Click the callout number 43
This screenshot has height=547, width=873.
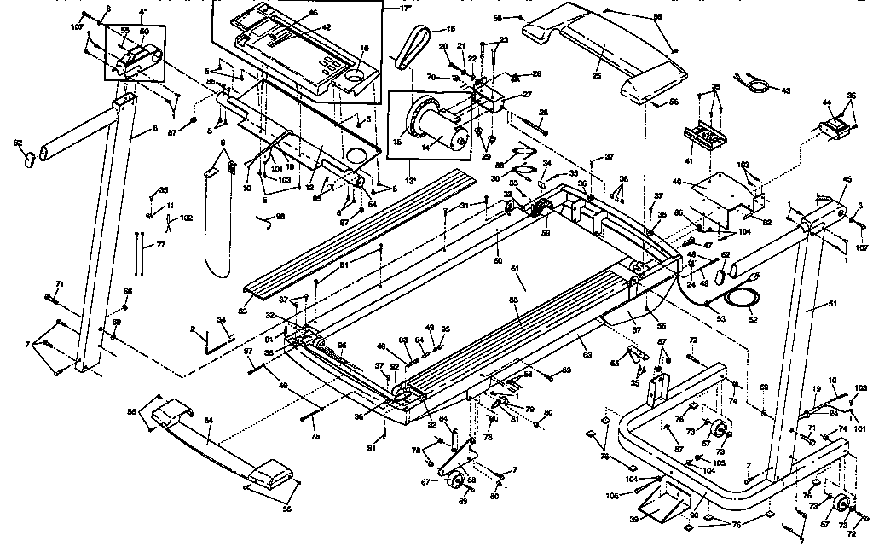click(785, 90)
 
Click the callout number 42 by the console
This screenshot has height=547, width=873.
click(326, 27)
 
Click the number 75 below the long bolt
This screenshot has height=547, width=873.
click(315, 436)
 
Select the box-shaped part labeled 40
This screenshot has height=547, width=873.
click(714, 197)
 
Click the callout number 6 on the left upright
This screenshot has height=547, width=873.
click(154, 128)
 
